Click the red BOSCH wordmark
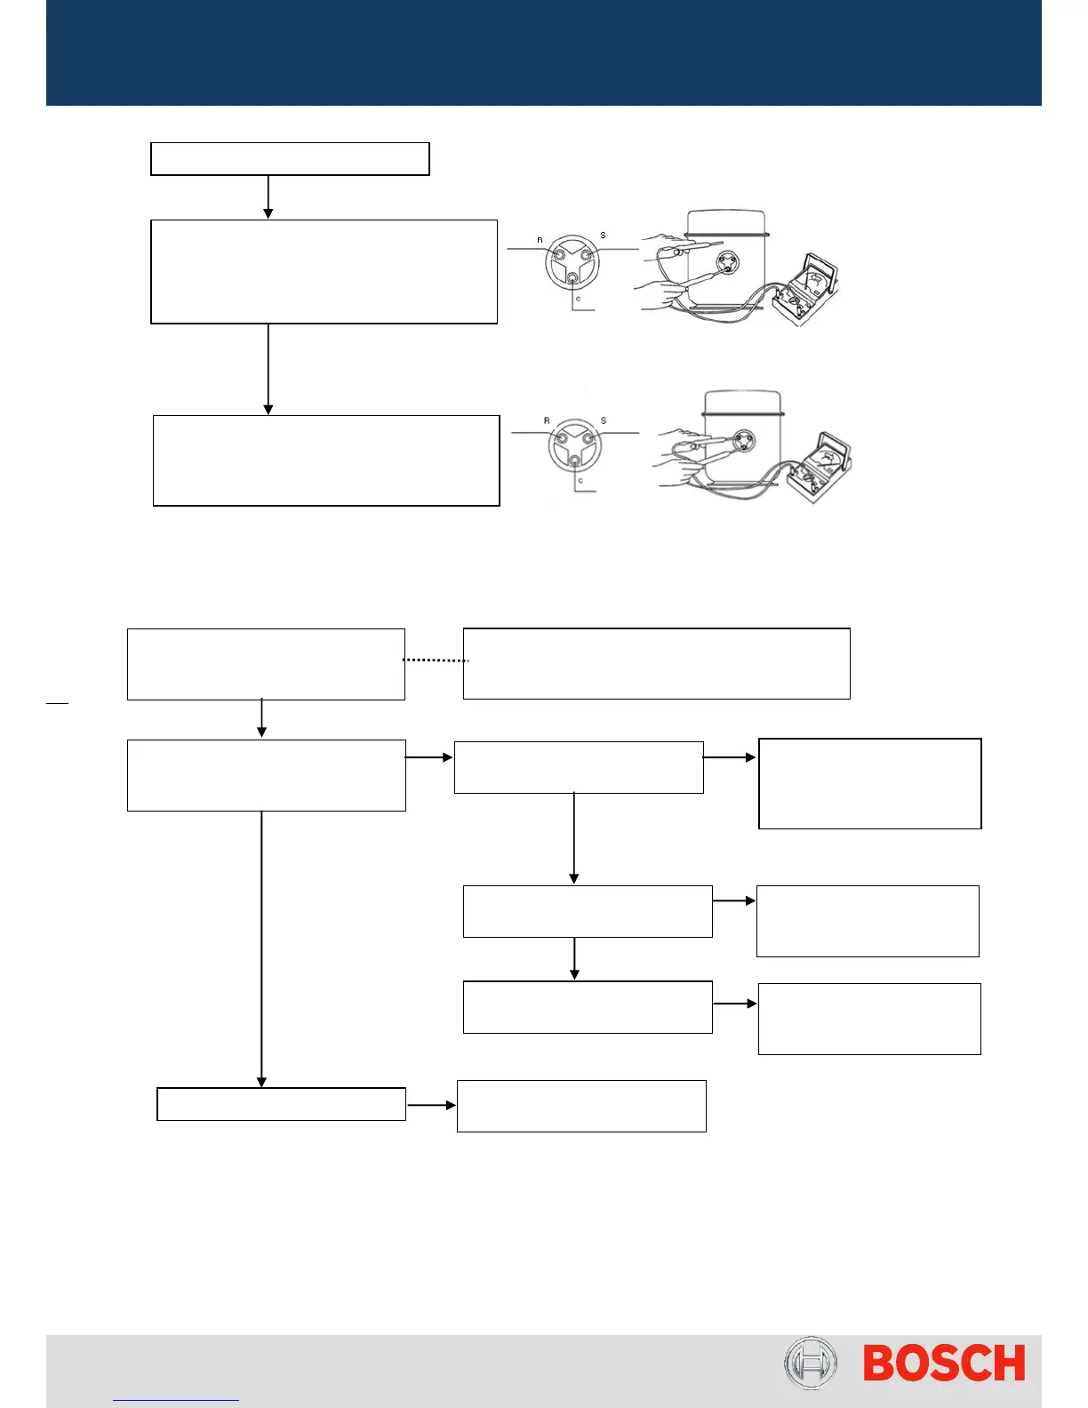(944, 1364)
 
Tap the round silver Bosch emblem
(810, 1364)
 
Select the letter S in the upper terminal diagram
(603, 236)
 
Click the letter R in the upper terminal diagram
(540, 240)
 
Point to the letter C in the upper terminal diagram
(578, 300)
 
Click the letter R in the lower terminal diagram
(547, 420)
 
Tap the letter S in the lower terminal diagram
(604, 420)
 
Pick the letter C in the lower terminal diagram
(580, 481)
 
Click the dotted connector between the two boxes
(435, 660)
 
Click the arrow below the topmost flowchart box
(268, 197)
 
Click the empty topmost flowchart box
(290, 159)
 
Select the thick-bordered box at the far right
(869, 783)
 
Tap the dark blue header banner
(543, 52)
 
